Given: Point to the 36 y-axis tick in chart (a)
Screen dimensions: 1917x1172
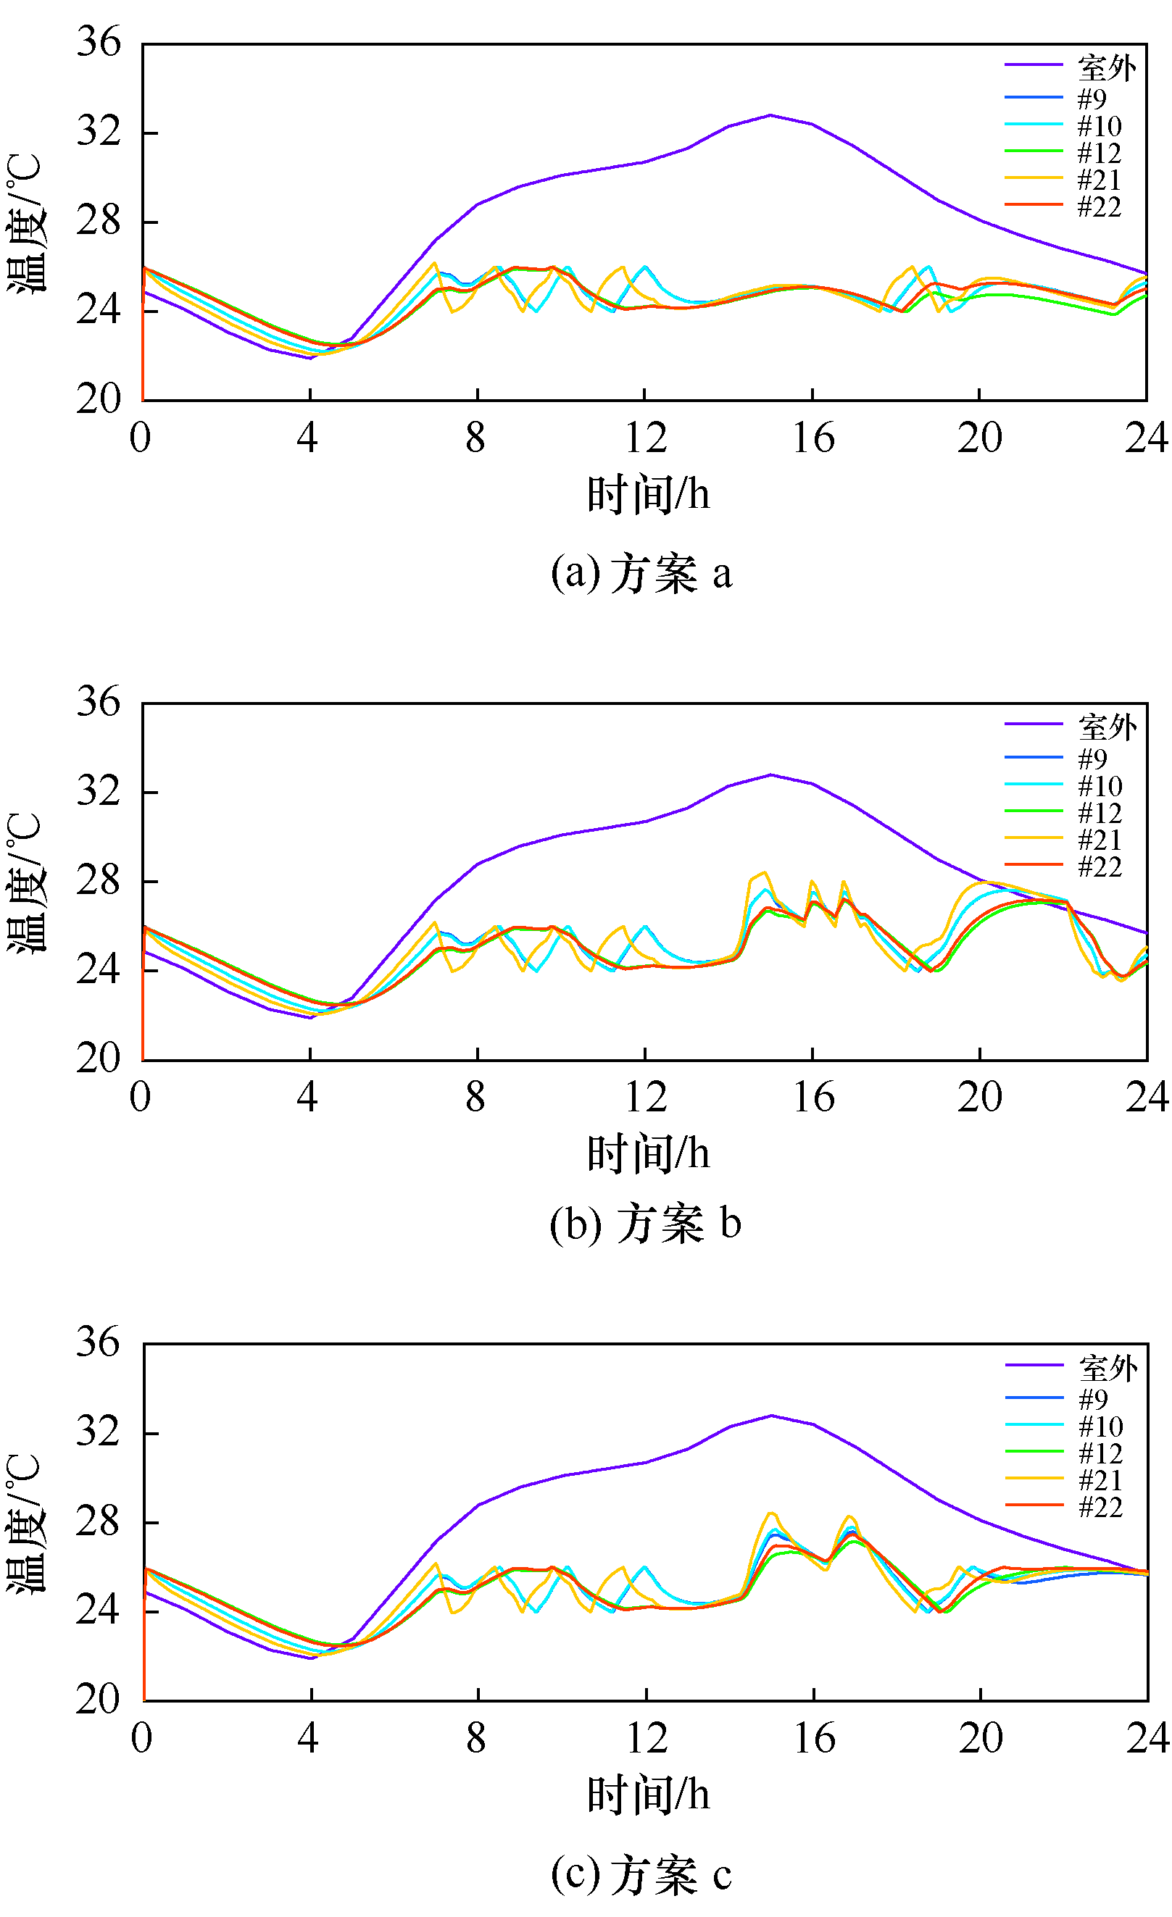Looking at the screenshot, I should click(99, 43).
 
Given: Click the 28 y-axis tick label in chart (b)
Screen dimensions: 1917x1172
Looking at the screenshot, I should click(99, 881).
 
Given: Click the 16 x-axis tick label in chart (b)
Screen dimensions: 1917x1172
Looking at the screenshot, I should click(813, 1098).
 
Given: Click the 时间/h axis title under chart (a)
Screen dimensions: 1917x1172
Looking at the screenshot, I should click(647, 495).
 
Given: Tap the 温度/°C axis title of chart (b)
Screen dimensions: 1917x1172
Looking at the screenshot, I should click(25, 882).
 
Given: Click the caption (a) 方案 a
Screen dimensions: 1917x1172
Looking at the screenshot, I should click(641, 573).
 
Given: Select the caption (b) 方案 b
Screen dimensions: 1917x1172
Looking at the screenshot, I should click(644, 1224).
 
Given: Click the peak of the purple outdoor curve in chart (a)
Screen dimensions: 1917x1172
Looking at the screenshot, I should click(770, 115).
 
